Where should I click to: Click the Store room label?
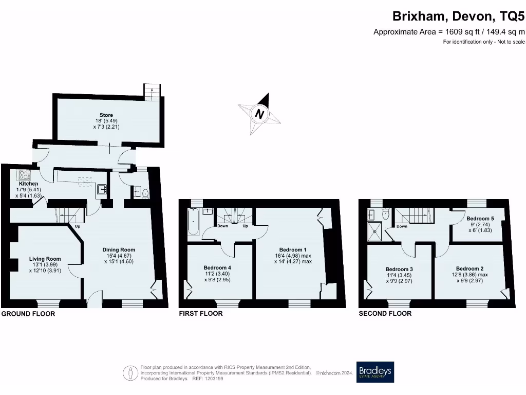pyautogui.click(x=106, y=115)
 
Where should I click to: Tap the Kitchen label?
pyautogui.click(x=28, y=184)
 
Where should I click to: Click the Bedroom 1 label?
pyautogui.click(x=293, y=250)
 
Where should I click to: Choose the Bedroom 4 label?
pyautogui.click(x=217, y=267)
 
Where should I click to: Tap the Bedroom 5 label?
pyautogui.click(x=480, y=219)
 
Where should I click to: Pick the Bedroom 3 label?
pyautogui.click(x=399, y=269)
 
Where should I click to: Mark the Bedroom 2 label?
pyautogui.click(x=469, y=268)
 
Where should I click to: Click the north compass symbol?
pyautogui.click(x=260, y=113)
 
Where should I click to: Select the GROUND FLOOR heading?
pyautogui.click(x=28, y=313)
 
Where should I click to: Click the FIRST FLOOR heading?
pyautogui.click(x=201, y=313)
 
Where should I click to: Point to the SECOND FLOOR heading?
pyautogui.click(x=385, y=313)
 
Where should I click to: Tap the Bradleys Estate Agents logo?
pyautogui.click(x=375, y=372)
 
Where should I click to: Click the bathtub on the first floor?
pyautogui.click(x=193, y=221)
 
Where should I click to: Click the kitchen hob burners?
pyautogui.click(x=23, y=174)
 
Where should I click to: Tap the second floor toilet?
pyautogui.click(x=386, y=215)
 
